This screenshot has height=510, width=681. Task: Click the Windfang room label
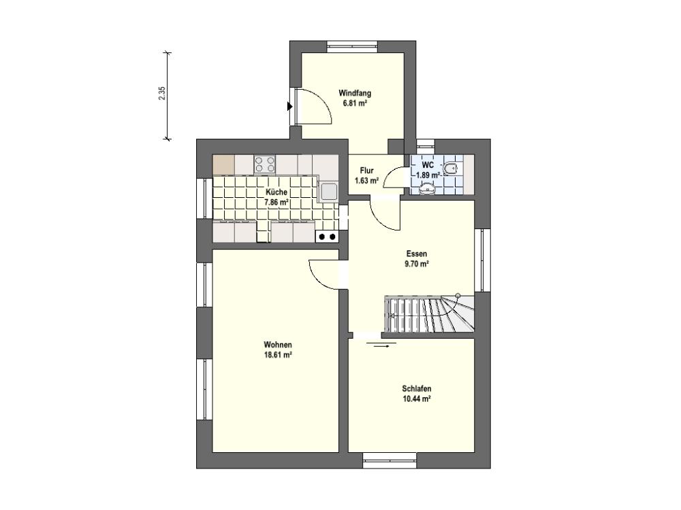[355, 93]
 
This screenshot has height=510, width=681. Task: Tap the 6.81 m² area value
[355, 103]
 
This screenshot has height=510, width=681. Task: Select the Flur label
[366, 171]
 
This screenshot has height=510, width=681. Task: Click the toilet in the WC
[452, 167]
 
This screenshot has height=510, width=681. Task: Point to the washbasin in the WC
[428, 188]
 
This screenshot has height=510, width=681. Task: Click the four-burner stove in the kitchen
[265, 165]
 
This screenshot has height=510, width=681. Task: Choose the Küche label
[276, 192]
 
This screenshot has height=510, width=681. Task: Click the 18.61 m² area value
[278, 355]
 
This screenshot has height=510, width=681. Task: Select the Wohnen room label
[278, 345]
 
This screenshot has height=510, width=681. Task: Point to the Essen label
[417, 254]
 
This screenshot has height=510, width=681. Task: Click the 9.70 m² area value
[417, 264]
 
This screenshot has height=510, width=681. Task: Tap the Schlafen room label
[417, 388]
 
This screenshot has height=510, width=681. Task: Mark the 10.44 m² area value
[417, 399]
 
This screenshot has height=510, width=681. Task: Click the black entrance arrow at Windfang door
[289, 107]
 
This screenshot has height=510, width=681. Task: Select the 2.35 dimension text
[162, 94]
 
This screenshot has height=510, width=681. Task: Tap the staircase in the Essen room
[430, 314]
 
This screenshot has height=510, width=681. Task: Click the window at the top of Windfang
[352, 46]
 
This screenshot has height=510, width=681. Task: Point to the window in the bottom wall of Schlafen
[390, 460]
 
